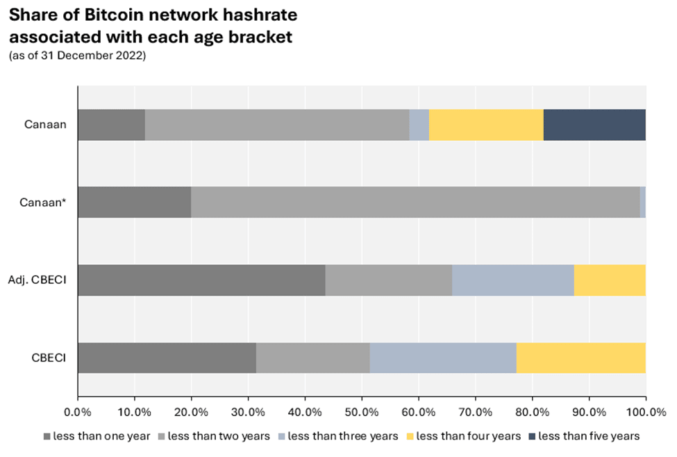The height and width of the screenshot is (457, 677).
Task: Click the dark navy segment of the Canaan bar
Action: tap(594, 125)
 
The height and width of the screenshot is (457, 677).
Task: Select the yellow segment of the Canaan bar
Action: tap(486, 125)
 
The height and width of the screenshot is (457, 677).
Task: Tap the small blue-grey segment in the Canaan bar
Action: tap(419, 125)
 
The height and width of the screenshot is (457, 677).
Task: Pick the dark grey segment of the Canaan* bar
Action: tap(134, 202)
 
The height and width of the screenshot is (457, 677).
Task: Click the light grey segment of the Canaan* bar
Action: tap(415, 202)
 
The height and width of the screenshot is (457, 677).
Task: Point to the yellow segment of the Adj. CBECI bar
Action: tap(610, 280)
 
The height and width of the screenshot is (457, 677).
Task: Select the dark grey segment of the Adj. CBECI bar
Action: tap(201, 280)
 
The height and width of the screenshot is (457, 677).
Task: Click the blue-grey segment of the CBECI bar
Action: tap(443, 358)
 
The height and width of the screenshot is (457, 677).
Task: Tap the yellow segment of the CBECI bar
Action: tap(581, 358)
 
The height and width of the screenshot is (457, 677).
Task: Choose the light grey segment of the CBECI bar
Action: tap(312, 358)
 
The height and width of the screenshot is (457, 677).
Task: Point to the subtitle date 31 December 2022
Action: tap(105, 56)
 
